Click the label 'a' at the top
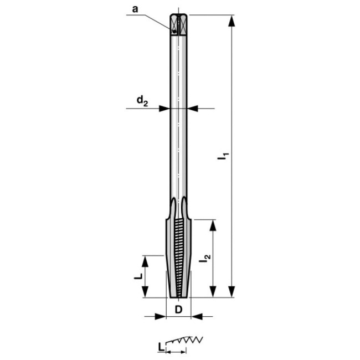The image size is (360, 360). coord(135,9)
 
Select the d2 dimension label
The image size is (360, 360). coord(142,100)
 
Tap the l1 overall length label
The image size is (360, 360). coord(223,156)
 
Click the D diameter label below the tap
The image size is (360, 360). coord(178,309)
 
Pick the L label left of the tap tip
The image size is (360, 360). coord(140,275)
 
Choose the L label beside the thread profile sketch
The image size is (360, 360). coord(160,347)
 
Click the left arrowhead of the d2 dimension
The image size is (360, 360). coord(164,108)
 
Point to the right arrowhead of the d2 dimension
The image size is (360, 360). coord(192,108)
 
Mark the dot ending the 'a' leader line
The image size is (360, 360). coord(174,32)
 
